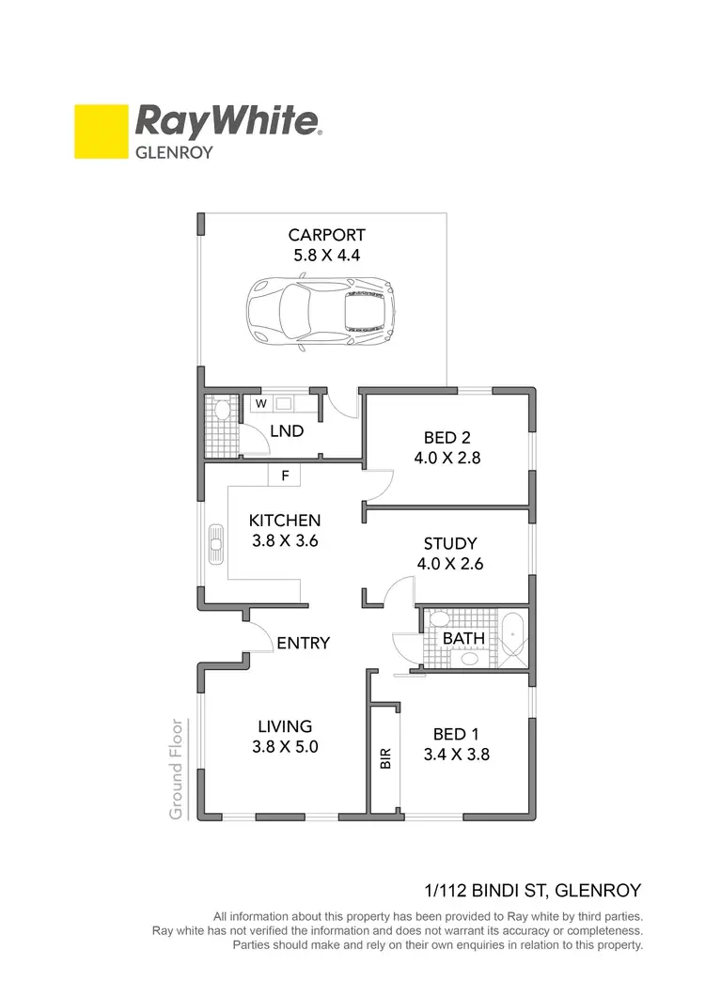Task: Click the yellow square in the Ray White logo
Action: pyautogui.click(x=101, y=131)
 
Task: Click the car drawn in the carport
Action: pyautogui.click(x=319, y=313)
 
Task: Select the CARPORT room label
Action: pyautogui.click(x=326, y=235)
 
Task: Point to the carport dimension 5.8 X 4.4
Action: pyautogui.click(x=326, y=255)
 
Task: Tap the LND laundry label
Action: pyautogui.click(x=287, y=431)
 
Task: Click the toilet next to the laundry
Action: pyautogui.click(x=223, y=410)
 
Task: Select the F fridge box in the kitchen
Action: pyautogui.click(x=284, y=476)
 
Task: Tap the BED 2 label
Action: pyautogui.click(x=446, y=438)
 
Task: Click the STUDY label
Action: pyautogui.click(x=450, y=544)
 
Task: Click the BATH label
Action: pyautogui.click(x=463, y=638)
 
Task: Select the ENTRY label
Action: pyautogui.click(x=304, y=644)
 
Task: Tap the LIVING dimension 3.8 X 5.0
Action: pyautogui.click(x=285, y=748)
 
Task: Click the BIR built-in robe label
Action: pyautogui.click(x=384, y=759)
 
